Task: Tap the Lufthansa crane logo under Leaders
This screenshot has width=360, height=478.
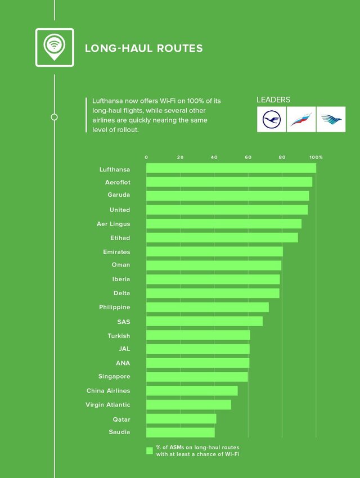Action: coord(271,119)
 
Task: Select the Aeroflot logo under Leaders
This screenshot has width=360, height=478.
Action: coord(301,119)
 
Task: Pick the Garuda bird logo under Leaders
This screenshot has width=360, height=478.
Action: coord(331,119)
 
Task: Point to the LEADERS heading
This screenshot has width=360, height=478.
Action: coord(273,100)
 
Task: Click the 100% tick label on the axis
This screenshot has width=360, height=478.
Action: coord(316,157)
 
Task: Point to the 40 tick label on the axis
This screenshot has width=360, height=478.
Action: coord(214,157)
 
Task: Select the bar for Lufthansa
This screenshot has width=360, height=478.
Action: coord(231,168)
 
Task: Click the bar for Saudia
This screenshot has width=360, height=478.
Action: coord(180,432)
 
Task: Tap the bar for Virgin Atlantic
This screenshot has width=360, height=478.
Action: coord(188,405)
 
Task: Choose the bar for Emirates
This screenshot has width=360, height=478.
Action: coord(214,252)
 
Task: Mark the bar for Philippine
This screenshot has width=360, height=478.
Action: coord(207,307)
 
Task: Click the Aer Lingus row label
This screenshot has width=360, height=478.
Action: coord(113,224)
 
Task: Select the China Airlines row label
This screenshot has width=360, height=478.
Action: coord(108,390)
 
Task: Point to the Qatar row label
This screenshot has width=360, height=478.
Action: coord(121,419)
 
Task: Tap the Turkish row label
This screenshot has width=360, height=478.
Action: coord(119,336)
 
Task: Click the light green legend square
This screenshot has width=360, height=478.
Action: coord(150,450)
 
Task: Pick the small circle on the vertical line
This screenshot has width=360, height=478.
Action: coord(54,117)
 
